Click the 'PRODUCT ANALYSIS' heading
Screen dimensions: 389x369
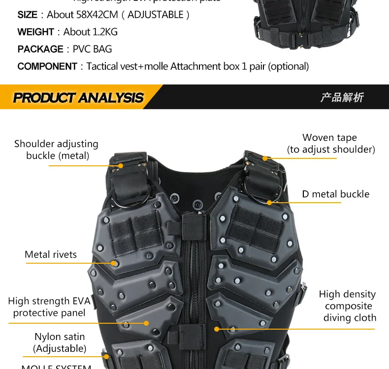point(78,97)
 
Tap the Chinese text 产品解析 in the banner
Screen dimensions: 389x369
point(342,97)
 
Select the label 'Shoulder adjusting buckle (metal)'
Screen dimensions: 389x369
point(56,150)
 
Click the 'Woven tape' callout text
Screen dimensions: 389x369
point(329,138)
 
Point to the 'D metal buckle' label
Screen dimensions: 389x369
point(335,194)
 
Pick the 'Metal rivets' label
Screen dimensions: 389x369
point(51,254)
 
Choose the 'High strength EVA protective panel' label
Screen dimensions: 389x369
point(49,307)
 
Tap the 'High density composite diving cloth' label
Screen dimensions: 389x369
point(347,306)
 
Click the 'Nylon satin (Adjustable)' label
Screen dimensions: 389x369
point(60,342)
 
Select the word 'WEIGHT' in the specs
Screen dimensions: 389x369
point(35,32)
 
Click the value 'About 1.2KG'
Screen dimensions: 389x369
point(91,32)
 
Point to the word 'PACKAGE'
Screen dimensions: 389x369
point(40,49)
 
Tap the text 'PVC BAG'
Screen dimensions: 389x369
point(92,49)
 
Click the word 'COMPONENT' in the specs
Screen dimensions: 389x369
point(47,66)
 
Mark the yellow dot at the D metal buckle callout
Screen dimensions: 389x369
point(269,202)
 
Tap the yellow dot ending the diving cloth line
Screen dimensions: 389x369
point(217,329)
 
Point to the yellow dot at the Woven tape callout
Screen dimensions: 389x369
point(265,158)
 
